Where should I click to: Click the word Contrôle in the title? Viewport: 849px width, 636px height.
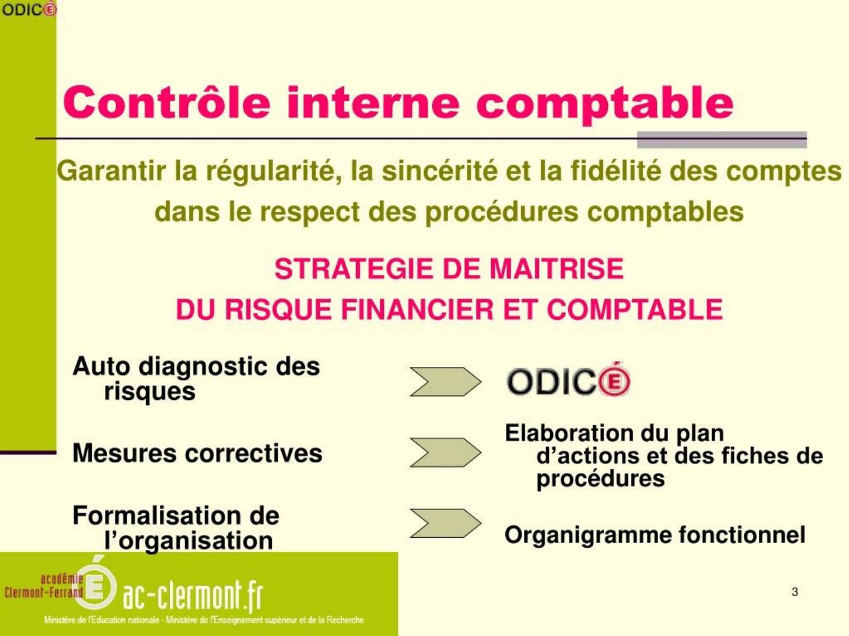[167, 102]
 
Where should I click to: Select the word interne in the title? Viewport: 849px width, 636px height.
[373, 102]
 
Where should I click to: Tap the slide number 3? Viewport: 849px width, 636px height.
[795, 592]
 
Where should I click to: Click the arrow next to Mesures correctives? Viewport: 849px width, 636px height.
[446, 453]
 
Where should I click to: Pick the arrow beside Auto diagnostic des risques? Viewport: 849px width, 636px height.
[446, 382]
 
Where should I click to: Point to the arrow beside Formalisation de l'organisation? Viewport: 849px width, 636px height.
[446, 524]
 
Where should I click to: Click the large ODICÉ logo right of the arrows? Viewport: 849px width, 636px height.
[568, 380]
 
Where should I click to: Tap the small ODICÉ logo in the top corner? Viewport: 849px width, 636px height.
[29, 9]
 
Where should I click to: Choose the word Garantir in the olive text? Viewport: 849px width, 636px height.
[111, 171]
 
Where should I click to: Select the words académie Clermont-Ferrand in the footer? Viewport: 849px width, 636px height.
[44, 586]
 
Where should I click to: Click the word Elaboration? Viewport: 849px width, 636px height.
[570, 433]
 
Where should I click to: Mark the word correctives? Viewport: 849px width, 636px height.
[254, 453]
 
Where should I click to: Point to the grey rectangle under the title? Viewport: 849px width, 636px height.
[722, 140]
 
